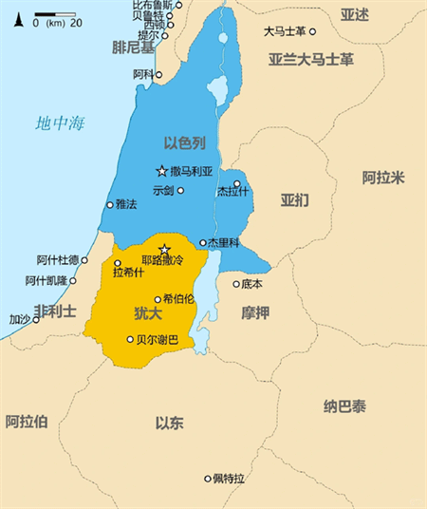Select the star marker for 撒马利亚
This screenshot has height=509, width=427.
(x=161, y=171)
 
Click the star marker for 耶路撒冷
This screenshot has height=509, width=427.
(x=163, y=249)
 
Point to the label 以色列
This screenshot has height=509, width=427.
(x=185, y=142)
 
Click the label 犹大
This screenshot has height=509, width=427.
(x=147, y=312)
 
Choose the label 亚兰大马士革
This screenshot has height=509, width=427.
(x=310, y=59)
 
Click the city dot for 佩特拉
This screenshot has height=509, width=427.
(x=208, y=478)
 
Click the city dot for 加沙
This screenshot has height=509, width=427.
(x=36, y=319)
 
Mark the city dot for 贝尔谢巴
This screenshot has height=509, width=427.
(x=131, y=339)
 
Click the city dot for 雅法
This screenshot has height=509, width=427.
(x=111, y=203)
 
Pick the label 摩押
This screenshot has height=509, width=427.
(x=255, y=312)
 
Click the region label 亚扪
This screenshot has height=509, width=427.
(x=295, y=200)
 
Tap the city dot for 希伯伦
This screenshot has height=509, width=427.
(x=158, y=298)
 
